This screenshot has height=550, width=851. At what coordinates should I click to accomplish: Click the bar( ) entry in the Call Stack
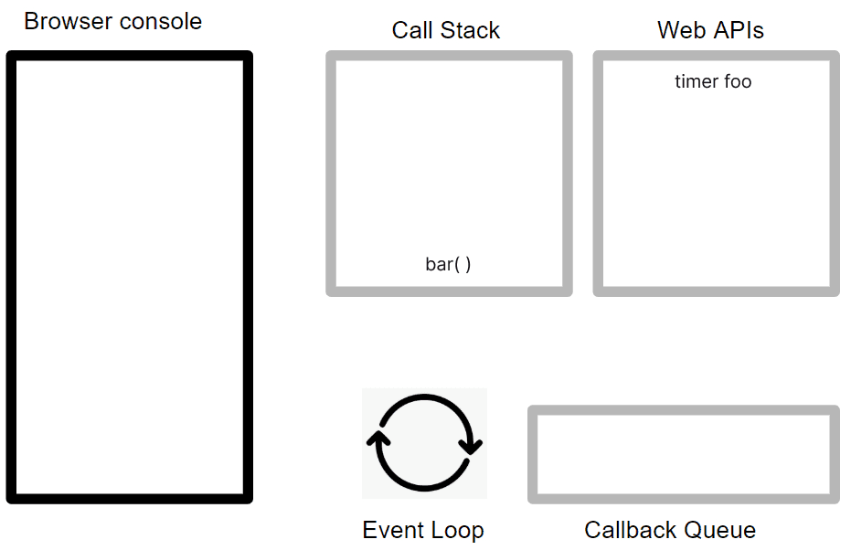[448, 264]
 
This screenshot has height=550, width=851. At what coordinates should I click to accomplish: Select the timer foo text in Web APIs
[713, 81]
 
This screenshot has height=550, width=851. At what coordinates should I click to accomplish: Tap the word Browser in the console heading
[69, 22]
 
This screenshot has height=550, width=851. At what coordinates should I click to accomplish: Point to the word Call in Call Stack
[412, 30]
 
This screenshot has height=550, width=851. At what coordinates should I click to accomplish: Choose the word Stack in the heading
[470, 30]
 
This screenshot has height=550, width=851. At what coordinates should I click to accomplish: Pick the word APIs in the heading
[739, 30]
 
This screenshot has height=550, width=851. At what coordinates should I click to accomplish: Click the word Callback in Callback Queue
[629, 530]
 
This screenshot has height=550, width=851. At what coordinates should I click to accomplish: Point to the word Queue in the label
[718, 530]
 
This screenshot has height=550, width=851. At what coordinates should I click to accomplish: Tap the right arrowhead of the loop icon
[471, 447]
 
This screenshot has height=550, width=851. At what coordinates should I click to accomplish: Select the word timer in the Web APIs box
[696, 81]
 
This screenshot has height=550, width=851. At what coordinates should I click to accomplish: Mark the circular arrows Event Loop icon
[424, 443]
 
